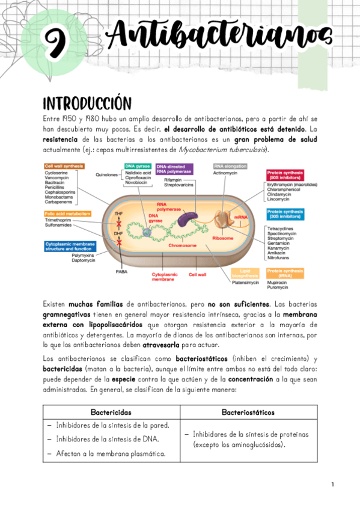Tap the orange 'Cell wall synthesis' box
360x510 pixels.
coord(64,166)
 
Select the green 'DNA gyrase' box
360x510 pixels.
coord(137,166)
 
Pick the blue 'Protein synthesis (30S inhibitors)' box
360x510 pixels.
coord(285,214)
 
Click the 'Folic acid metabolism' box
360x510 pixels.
coord(67,214)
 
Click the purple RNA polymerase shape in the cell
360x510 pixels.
coord(194,220)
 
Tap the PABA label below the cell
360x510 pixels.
coord(121,272)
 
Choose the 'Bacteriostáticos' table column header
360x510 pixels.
coord(248,413)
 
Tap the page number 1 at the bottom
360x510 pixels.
coord(332,485)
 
